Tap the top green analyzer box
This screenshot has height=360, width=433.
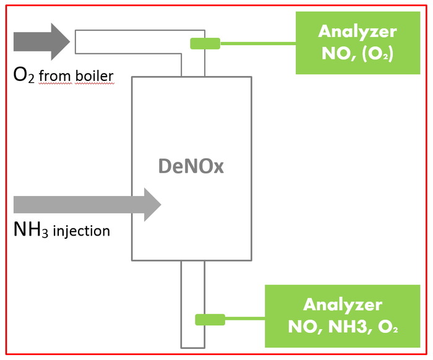pos(357,43)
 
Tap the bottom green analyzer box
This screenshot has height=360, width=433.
pos(341,315)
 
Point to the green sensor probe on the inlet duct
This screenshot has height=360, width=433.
pos(205,43)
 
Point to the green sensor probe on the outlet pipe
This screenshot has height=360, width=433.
pos(210,319)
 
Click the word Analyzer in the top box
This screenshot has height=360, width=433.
pos(357,31)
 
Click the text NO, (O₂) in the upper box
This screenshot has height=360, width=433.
pos(357,54)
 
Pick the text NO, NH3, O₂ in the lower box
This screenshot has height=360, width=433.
pos(342,327)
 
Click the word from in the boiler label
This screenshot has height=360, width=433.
pos(51,76)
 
